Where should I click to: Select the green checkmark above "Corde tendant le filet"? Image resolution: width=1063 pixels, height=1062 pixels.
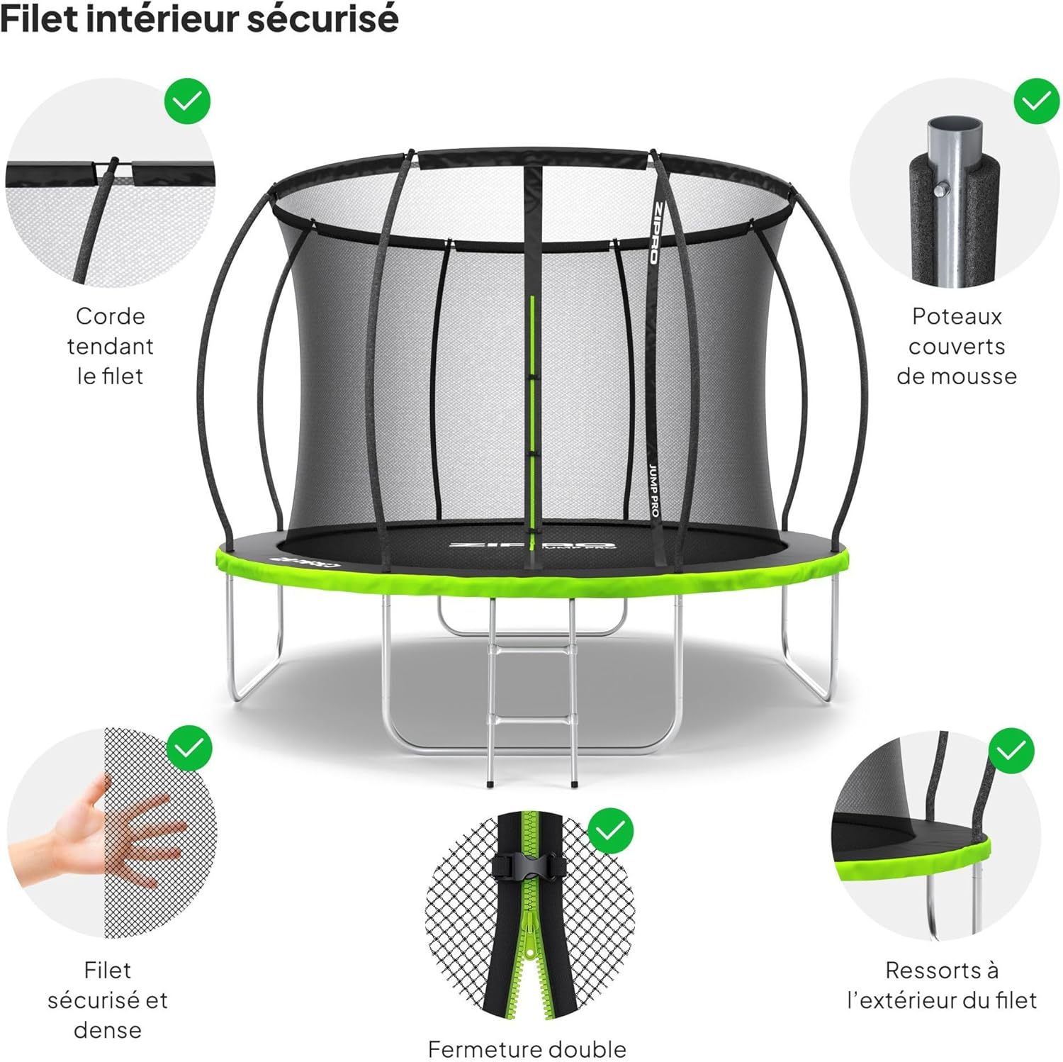pyautogui.click(x=188, y=101)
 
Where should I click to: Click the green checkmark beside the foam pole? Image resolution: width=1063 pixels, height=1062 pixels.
pyautogui.click(x=1036, y=101)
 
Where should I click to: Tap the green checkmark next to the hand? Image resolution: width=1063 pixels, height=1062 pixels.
pyautogui.click(x=189, y=748)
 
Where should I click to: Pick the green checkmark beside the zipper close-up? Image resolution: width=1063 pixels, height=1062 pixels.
pyautogui.click(x=611, y=830)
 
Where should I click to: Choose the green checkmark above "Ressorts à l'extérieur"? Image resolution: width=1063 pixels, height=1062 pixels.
pyautogui.click(x=1011, y=750)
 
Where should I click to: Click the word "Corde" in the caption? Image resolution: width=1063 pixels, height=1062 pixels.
pyautogui.click(x=110, y=316)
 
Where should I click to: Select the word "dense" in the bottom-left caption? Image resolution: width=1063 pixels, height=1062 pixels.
pyautogui.click(x=108, y=1029)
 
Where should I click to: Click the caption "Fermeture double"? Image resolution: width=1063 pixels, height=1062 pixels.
pyautogui.click(x=527, y=1049)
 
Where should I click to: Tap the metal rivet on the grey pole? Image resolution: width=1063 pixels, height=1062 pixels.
pyautogui.click(x=941, y=189)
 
